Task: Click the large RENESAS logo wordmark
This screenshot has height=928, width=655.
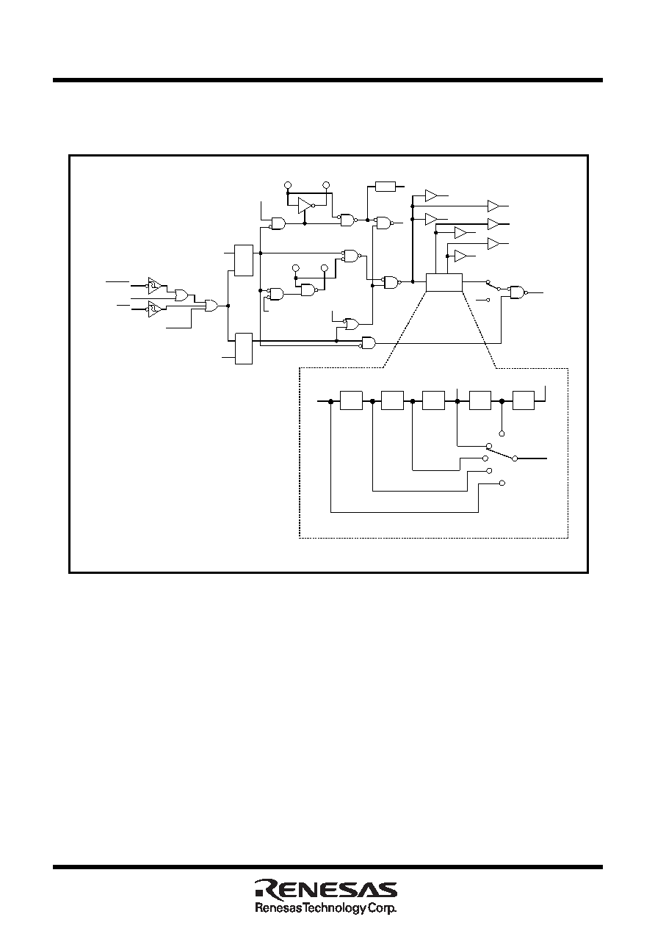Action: [x=326, y=888]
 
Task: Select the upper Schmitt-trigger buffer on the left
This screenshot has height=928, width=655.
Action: [x=155, y=285]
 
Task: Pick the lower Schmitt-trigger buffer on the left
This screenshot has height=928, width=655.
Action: [x=155, y=309]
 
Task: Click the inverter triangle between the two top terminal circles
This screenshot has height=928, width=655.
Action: [x=305, y=205]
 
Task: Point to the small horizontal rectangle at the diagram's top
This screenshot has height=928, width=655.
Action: [x=386, y=187]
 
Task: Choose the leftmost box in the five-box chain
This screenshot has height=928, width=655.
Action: [x=351, y=400]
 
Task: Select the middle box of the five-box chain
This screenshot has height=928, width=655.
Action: [x=433, y=400]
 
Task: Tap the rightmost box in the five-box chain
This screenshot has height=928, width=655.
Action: [x=524, y=400]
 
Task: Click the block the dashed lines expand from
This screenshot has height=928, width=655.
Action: [x=444, y=283]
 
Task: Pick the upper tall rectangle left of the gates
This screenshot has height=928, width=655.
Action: [x=244, y=260]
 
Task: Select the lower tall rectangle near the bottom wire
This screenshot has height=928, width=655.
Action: [x=244, y=348]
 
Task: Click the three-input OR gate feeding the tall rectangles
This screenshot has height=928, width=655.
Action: [x=211, y=306]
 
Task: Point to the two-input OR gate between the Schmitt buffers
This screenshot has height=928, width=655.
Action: [x=181, y=295]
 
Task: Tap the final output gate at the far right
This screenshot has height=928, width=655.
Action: [x=518, y=292]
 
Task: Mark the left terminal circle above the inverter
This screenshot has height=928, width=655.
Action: [x=288, y=184]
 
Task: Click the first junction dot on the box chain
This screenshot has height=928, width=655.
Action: [x=331, y=401]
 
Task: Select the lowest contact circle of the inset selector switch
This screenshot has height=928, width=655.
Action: [x=502, y=483]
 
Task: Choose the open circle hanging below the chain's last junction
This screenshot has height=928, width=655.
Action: [x=502, y=434]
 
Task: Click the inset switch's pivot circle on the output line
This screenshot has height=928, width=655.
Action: [x=515, y=458]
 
